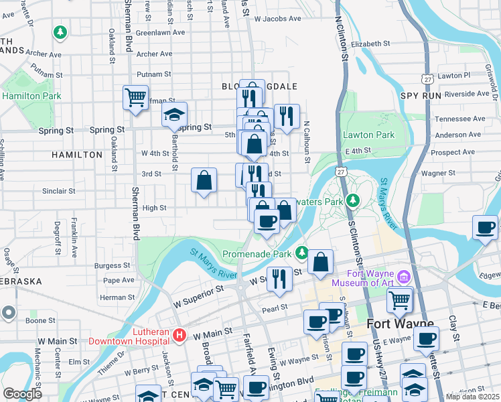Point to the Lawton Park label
(368, 135)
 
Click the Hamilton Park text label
(31, 96)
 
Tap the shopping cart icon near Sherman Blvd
(135, 97)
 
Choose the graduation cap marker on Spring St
(174, 115)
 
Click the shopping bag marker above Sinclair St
(204, 180)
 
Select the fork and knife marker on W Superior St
(279, 278)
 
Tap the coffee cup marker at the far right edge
(485, 226)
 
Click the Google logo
(22, 394)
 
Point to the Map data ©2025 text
(472, 397)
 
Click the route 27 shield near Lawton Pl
(427, 78)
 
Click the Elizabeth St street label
(370, 44)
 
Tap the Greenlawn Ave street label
(160, 31)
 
